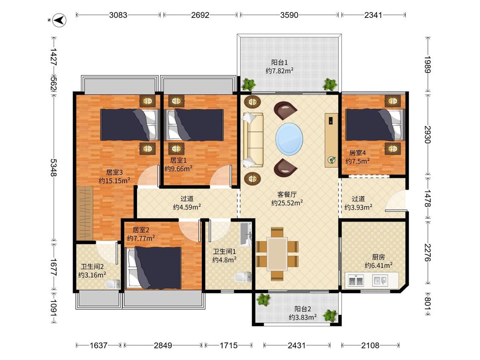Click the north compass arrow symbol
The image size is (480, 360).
coord(60,20)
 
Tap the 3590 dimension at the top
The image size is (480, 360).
coord(289,15)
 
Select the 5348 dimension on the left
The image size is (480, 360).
coord(54,168)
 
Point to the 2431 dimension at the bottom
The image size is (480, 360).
coord(297,345)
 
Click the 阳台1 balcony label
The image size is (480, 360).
coord(279,62)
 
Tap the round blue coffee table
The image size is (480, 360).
coord(289,139)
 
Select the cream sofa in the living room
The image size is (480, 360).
coord(253,140)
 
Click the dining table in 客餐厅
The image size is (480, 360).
coord(277,254)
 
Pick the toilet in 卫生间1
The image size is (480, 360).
coord(243,277)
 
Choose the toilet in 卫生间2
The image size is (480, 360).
coord(113,284)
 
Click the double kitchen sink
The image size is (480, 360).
coord(356,280)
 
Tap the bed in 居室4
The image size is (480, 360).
coord(375,125)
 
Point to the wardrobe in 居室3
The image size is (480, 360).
coord(84,213)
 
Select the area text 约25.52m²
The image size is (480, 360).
coord(287,203)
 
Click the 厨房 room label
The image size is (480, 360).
coord(378,257)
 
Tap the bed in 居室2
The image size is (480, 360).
coord(154,268)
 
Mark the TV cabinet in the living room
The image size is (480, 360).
coord(331,140)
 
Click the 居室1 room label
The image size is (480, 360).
coord(178,160)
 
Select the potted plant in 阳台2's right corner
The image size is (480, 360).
coord(330,316)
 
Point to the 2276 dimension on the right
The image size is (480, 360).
coord(428,253)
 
